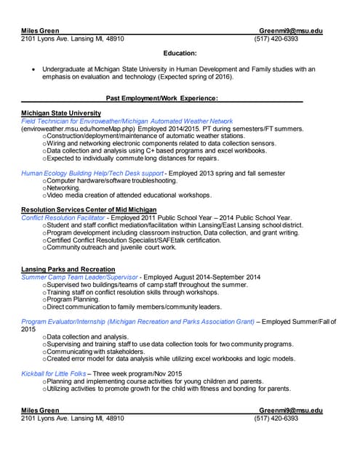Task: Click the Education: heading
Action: (180, 53)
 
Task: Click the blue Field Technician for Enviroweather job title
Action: (127, 121)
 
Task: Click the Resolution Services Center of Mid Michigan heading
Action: (93, 210)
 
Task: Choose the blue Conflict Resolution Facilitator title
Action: (63, 217)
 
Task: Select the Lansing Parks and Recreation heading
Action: (68, 270)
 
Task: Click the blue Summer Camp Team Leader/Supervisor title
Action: (79, 278)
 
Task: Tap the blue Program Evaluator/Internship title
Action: (138, 321)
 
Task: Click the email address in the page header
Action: (290, 31)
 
